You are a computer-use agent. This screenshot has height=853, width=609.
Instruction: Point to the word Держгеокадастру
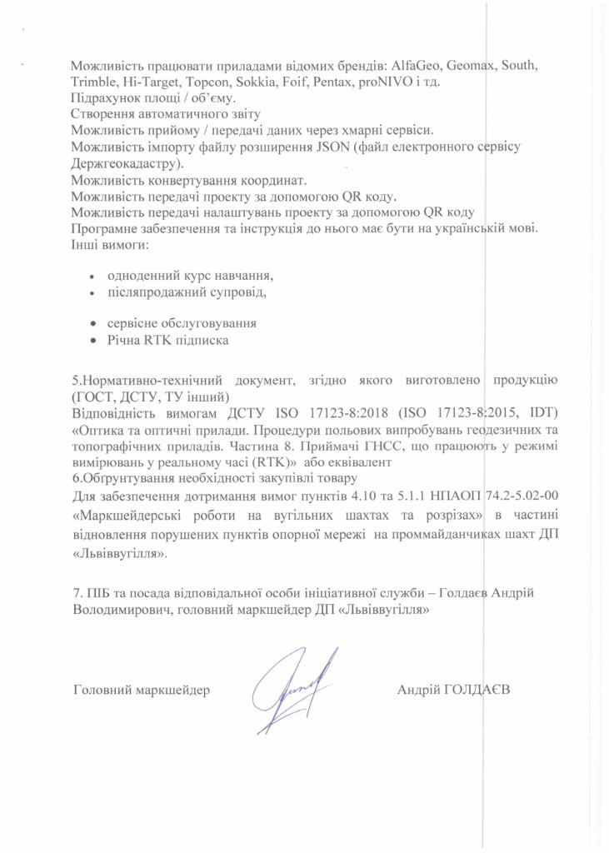[126, 163]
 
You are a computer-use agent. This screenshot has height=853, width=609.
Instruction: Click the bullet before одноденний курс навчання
[92, 276]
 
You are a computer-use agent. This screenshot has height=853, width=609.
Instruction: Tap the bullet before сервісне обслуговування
[92, 323]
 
